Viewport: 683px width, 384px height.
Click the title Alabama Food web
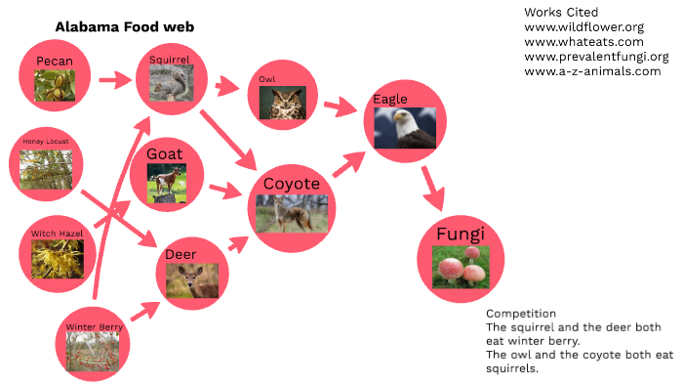point(124,27)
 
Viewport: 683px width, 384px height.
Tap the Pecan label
point(56,62)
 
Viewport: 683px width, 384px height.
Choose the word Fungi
point(461,235)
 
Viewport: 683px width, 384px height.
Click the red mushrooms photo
point(461,267)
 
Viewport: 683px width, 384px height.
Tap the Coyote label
point(292,183)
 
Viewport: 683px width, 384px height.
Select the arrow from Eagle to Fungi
point(430,189)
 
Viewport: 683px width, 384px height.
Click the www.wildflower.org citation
point(583,26)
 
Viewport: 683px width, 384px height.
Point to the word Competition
point(521,314)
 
